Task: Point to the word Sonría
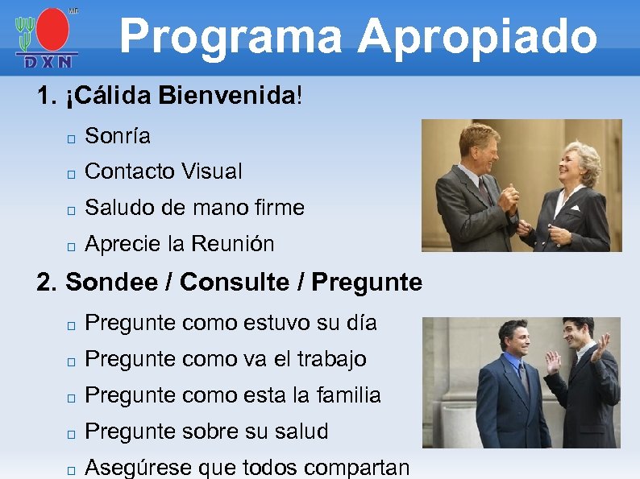[117, 136]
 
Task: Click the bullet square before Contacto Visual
[71, 173]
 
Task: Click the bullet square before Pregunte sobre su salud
[71, 433]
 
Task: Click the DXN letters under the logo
[47, 61]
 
